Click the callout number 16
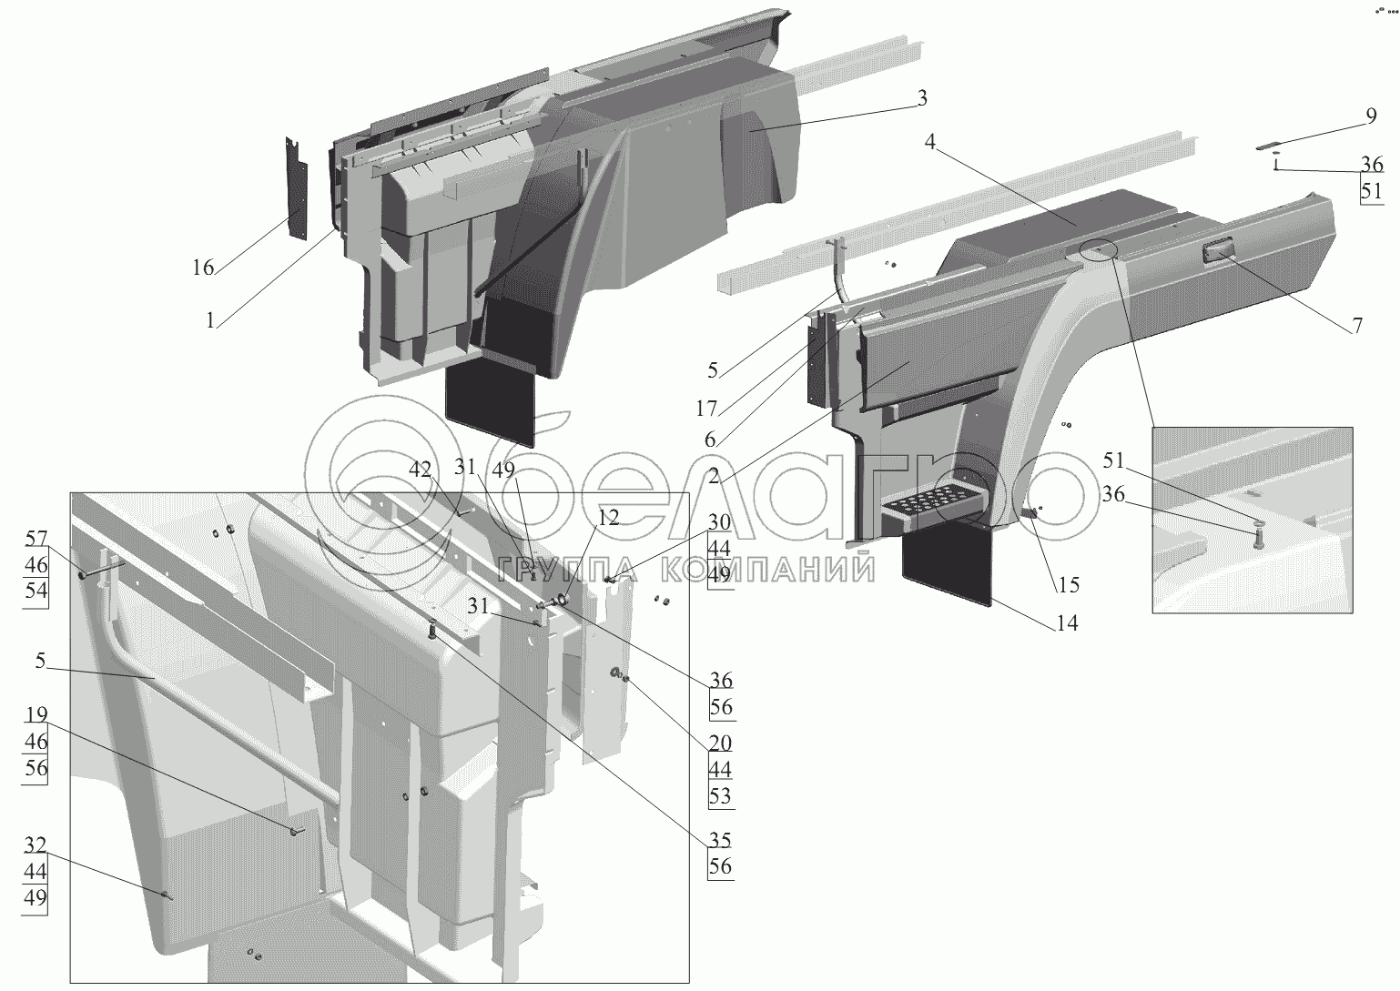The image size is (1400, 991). click(203, 268)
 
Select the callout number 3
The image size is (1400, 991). click(922, 98)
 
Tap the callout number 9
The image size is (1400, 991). click(1371, 116)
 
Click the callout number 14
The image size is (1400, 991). click(1067, 622)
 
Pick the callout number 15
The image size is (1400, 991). click(1068, 585)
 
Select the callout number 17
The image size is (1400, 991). click(706, 409)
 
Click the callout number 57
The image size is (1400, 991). click(36, 539)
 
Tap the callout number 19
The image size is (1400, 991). click(36, 714)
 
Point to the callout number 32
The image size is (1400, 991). click(35, 844)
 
